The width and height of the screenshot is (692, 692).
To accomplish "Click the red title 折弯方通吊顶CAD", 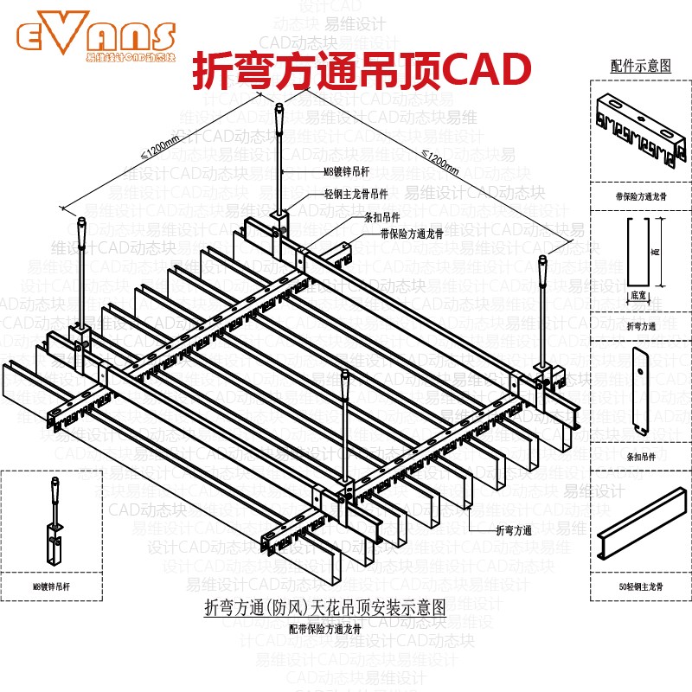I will tap(358, 69).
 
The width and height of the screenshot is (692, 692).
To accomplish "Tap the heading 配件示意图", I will tap(640, 65).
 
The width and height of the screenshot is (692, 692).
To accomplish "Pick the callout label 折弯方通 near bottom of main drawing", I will tap(513, 530).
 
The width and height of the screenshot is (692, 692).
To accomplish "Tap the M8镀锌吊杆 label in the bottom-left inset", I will tap(51, 586).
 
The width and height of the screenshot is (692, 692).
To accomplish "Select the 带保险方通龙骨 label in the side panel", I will tap(640, 197).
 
